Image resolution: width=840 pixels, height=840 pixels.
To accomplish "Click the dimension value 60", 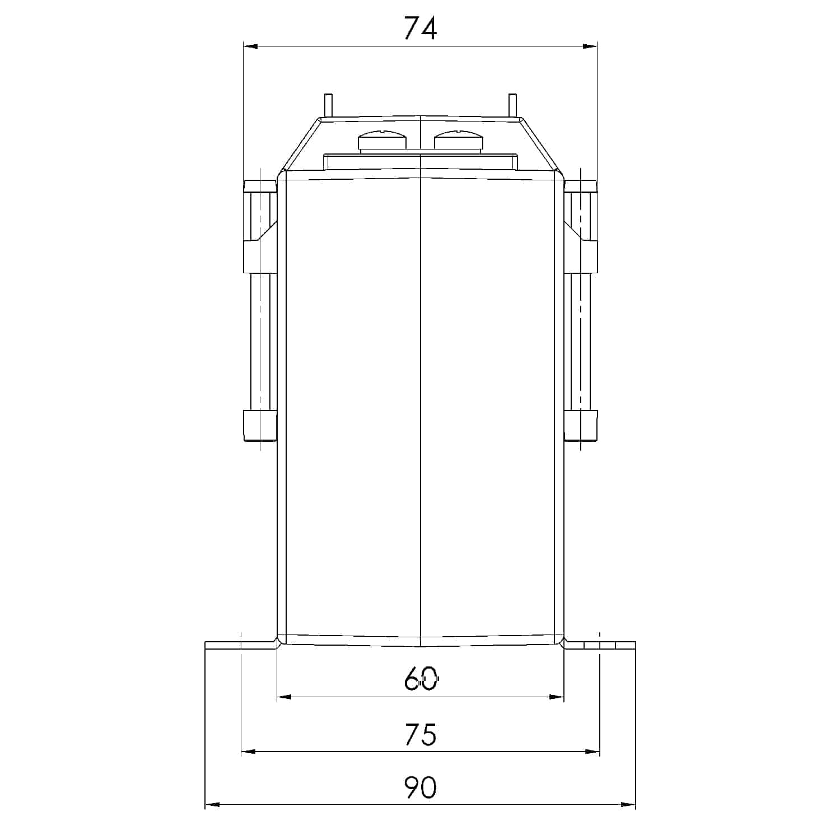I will pyautogui.click(x=420, y=679).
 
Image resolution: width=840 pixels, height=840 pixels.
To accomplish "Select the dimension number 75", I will pyautogui.click(x=420, y=734).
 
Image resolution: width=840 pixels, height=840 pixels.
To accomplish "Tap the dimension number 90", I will pyautogui.click(x=420, y=788).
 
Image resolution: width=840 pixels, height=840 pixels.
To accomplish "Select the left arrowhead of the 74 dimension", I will pyautogui.click(x=250, y=46).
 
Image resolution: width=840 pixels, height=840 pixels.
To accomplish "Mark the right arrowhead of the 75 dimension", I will pyautogui.click(x=592, y=752).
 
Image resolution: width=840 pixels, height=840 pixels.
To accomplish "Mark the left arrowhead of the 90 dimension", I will pyautogui.click(x=212, y=805).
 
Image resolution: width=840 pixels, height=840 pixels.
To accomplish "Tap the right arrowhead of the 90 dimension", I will pyautogui.click(x=628, y=805).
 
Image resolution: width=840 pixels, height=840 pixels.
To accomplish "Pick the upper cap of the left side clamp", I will pyautogui.click(x=260, y=186).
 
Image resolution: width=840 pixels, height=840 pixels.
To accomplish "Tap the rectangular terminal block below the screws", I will pyautogui.click(x=420, y=162).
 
